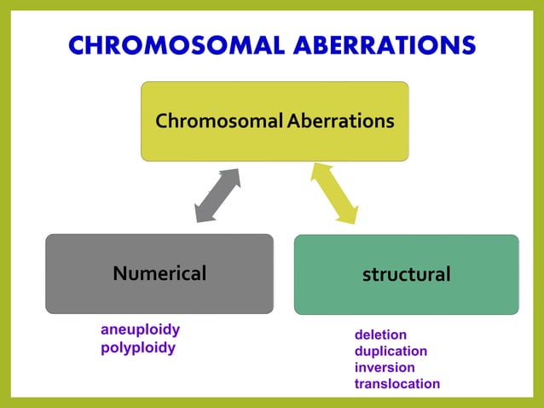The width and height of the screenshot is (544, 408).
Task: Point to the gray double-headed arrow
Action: click(x=217, y=195)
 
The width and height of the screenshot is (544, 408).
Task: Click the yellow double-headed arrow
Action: click(x=334, y=194)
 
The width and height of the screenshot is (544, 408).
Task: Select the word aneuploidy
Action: click(x=140, y=329)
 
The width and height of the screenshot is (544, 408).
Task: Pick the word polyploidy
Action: click(x=137, y=347)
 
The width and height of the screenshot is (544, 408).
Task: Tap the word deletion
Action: click(x=380, y=335)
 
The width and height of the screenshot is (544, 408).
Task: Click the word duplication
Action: click(x=391, y=351)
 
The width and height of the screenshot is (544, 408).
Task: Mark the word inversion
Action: click(x=385, y=367)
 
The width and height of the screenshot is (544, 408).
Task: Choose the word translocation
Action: click(x=396, y=383)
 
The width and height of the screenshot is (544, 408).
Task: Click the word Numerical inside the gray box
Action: click(x=159, y=273)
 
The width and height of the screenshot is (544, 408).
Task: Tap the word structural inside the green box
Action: click(x=406, y=274)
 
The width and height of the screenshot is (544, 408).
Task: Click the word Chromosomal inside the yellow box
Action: click(x=217, y=121)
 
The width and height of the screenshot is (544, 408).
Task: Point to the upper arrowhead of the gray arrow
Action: click(x=232, y=176)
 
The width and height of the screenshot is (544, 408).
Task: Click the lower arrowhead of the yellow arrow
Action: click(x=347, y=214)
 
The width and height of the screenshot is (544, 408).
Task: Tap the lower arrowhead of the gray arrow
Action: click(x=203, y=214)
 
